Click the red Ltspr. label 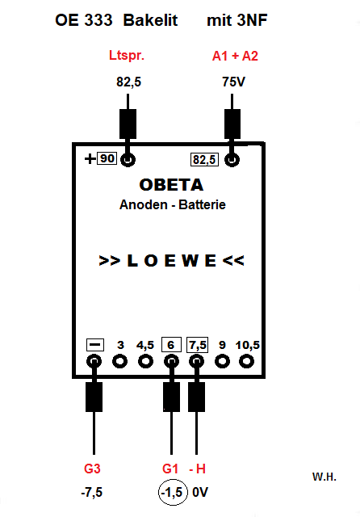(127, 56)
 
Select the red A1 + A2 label (235, 56)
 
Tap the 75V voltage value (233, 82)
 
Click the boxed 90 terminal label (107, 158)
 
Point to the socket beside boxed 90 (128, 160)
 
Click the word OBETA (171, 185)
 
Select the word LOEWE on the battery (172, 260)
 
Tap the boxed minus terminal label (95, 345)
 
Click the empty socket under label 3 (120, 361)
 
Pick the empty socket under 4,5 (145, 361)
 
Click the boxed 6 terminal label (171, 345)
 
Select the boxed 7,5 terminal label (197, 345)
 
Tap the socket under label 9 (222, 361)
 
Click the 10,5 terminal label (247, 345)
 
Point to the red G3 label (92, 469)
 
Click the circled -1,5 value (173, 492)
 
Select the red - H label (197, 469)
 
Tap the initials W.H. (324, 477)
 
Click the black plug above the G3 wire (94, 397)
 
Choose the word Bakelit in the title (150, 20)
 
